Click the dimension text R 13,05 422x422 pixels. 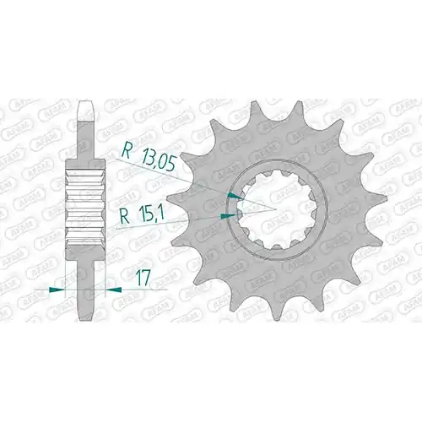coord(149,159)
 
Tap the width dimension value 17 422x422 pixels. coord(142,279)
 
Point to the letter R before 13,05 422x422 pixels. coord(127,152)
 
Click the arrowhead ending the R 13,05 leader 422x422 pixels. coord(235,196)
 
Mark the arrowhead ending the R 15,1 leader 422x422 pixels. coord(228,216)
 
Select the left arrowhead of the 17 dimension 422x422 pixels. coord(57,289)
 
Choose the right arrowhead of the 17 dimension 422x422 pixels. coord(113,289)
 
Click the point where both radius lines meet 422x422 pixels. coord(276,209)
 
